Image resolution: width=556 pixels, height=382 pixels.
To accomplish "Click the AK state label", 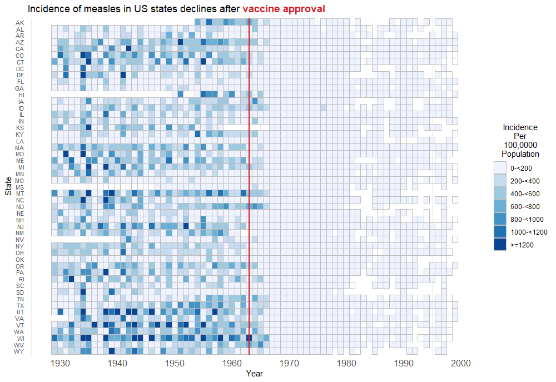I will pos(20,22).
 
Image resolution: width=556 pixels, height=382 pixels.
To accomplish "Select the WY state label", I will pos(19,351).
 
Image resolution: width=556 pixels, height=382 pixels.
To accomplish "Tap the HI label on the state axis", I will pos(21,95).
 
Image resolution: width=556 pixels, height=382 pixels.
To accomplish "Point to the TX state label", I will pos(20,305).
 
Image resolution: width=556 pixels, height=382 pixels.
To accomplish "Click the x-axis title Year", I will pos(255,374).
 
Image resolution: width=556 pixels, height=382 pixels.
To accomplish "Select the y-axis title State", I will pos(8,186).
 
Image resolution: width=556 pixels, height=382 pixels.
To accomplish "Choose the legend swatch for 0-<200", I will pos(500,168).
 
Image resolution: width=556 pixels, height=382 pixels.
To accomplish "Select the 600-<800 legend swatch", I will pos(500,206).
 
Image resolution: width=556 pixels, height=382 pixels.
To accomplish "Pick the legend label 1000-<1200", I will pos(528,232).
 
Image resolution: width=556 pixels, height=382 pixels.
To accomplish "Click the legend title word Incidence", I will pos(520,127).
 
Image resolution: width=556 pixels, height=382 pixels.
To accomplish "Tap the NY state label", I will pos(20,246).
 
